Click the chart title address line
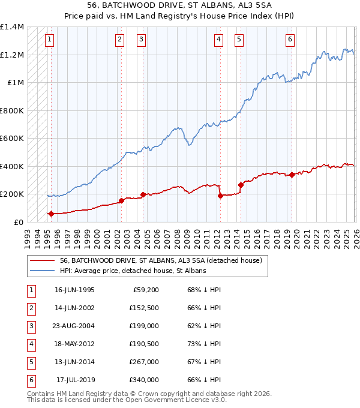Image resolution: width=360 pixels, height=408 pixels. [180, 5]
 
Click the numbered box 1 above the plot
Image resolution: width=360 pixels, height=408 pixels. [49, 40]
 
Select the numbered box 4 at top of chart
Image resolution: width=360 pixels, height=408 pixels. [218, 40]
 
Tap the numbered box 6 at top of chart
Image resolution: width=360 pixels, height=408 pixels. [290, 40]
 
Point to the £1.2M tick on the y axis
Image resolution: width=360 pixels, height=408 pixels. [12, 55]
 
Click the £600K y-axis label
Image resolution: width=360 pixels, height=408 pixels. [12, 139]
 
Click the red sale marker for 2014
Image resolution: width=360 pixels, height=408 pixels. [241, 185]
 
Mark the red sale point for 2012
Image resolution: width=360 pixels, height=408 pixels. [220, 196]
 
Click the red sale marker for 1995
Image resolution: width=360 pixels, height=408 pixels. [51, 214]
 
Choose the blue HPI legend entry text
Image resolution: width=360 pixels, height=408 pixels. [133, 271]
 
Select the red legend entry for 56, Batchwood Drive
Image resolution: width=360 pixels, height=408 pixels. [161, 261]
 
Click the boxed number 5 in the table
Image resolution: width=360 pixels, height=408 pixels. [29, 362]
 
